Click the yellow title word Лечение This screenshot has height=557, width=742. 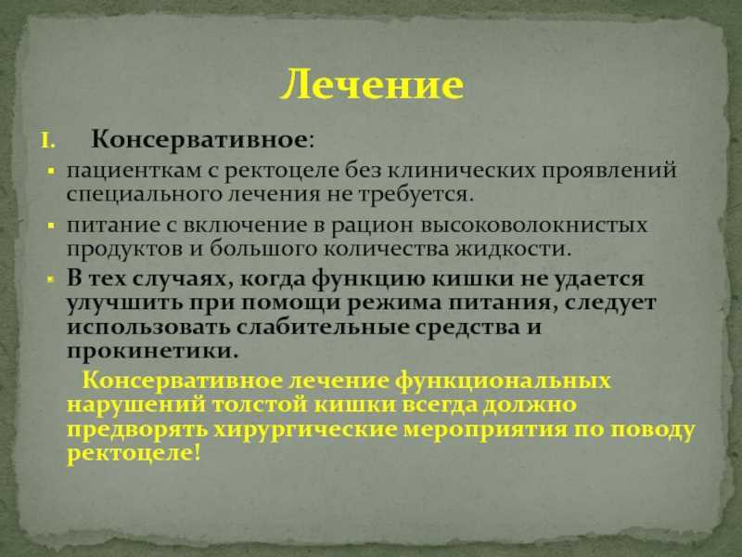pos(372,85)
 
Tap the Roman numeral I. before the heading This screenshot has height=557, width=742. pos(48,141)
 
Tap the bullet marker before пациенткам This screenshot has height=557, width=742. pos(52,171)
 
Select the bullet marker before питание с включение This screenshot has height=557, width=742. pos(52,226)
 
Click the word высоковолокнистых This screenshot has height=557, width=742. pos(534,226)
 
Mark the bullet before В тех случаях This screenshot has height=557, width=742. pos(52,279)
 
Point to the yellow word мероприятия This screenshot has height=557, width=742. pos(485,430)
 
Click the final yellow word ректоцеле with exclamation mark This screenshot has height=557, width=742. pos(134,454)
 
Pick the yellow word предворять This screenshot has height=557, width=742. pos(137,430)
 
